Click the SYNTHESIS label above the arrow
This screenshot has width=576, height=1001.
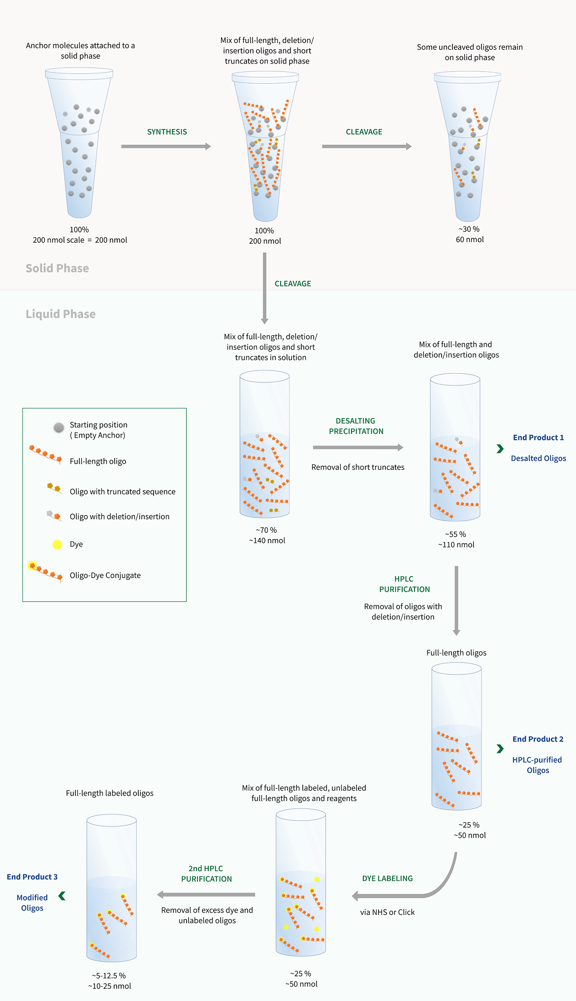167,132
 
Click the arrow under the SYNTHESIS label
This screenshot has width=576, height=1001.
166,146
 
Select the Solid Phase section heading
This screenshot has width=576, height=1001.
57,268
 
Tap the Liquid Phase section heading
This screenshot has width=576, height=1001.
61,314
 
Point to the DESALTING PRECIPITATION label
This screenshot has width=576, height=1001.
356,426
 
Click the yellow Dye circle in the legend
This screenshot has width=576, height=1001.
58,545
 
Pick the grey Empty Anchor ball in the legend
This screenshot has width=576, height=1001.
59,427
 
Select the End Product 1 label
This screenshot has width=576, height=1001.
538,438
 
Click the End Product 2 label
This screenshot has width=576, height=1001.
538,739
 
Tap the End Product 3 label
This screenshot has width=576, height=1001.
32,877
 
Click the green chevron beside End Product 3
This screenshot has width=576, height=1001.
62,896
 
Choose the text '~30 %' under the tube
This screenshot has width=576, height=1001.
469,229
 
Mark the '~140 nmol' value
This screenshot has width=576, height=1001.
267,541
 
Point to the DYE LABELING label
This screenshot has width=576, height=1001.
387,878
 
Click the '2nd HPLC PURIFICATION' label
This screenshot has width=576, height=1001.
206,873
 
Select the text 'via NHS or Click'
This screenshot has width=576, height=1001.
387,912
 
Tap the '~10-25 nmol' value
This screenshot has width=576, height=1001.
110,986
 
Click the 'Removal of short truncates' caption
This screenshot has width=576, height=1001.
358,467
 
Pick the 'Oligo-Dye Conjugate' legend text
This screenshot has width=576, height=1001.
105,576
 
